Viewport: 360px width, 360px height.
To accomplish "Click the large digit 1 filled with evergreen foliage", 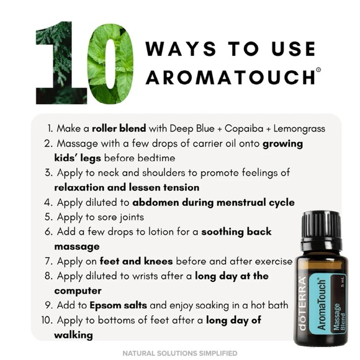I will point(58,62).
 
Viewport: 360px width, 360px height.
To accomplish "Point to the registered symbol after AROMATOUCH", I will point(318,70).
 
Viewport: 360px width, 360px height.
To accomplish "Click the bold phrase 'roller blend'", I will point(119,128).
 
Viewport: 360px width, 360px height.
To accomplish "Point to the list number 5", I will point(48,217).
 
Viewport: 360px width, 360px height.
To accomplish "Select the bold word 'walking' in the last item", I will point(73,335).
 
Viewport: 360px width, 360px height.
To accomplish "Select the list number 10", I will point(46,320).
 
